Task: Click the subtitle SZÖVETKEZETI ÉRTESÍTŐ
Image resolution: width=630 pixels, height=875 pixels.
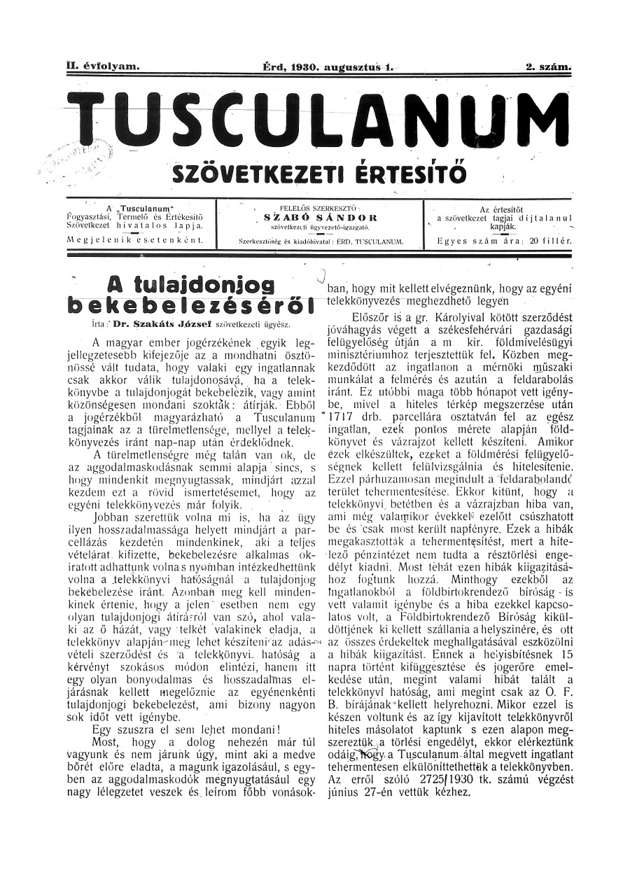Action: pos(319,171)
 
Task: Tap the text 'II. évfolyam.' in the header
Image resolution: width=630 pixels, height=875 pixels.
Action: pos(103,67)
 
